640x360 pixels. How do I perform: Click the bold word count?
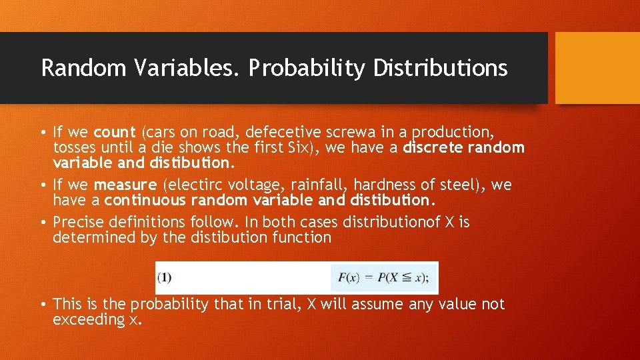point(115,131)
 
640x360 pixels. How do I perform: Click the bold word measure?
point(126,184)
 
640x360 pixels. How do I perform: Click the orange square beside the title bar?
point(597,68)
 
